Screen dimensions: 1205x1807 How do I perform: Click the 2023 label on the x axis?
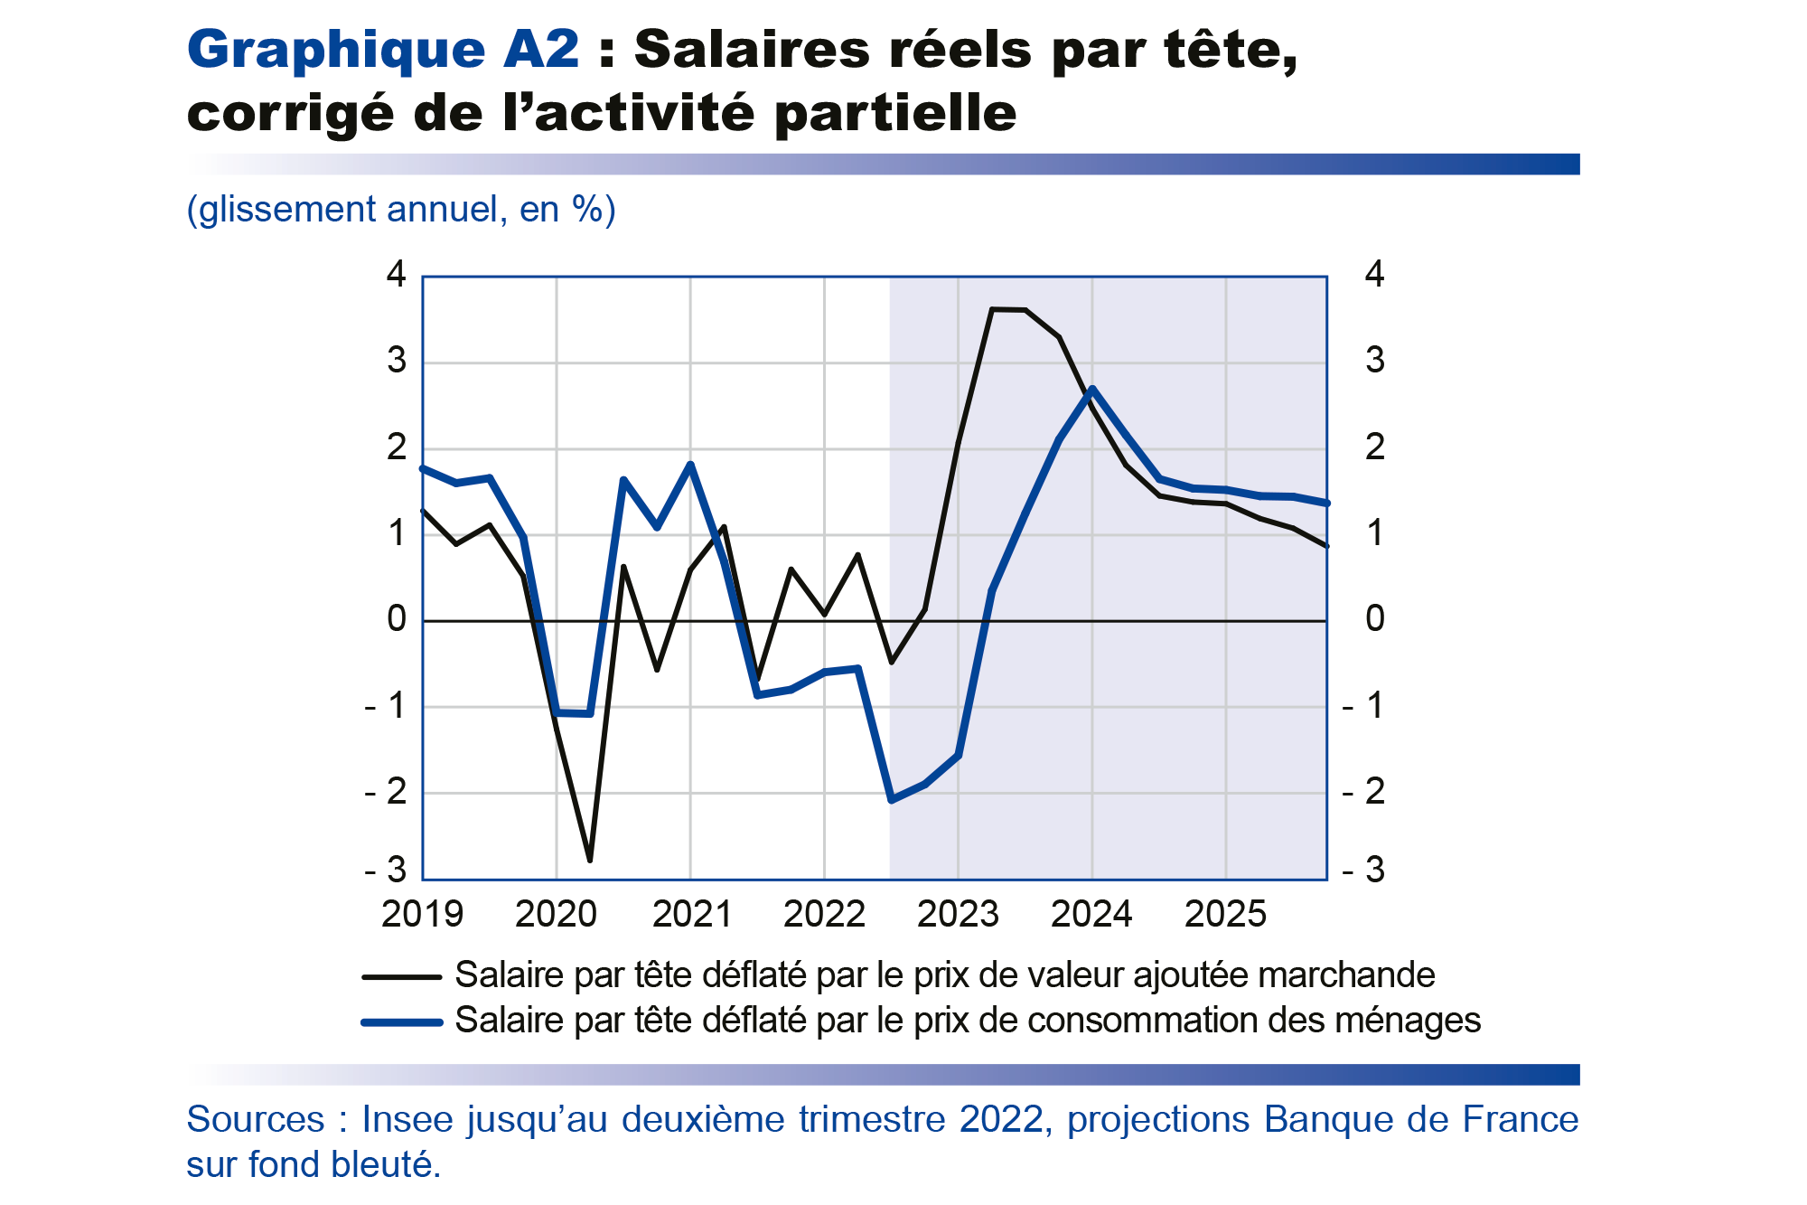click(958, 914)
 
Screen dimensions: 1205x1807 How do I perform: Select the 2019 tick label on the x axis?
click(422, 914)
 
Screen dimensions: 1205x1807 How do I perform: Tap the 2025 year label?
click(1225, 914)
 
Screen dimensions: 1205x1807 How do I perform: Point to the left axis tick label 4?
click(396, 274)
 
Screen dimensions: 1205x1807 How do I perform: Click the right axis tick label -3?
click(1364, 870)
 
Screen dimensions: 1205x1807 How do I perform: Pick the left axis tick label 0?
click(396, 619)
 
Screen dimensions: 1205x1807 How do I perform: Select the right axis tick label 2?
click(1374, 447)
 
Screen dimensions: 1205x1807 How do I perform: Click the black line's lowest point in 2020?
click(590, 860)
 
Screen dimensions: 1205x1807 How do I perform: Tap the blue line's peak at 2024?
click(1092, 390)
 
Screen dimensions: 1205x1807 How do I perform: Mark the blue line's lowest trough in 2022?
click(892, 800)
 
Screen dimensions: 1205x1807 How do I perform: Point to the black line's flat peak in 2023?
click(1008, 310)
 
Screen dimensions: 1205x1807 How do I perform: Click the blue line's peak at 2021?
click(690, 465)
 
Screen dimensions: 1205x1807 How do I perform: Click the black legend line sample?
click(401, 976)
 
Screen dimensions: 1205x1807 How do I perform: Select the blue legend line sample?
click(401, 1022)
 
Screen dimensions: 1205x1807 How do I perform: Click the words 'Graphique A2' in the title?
click(383, 49)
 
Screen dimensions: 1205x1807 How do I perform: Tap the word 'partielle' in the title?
click(895, 114)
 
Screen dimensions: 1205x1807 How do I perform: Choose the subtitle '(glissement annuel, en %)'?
click(401, 210)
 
